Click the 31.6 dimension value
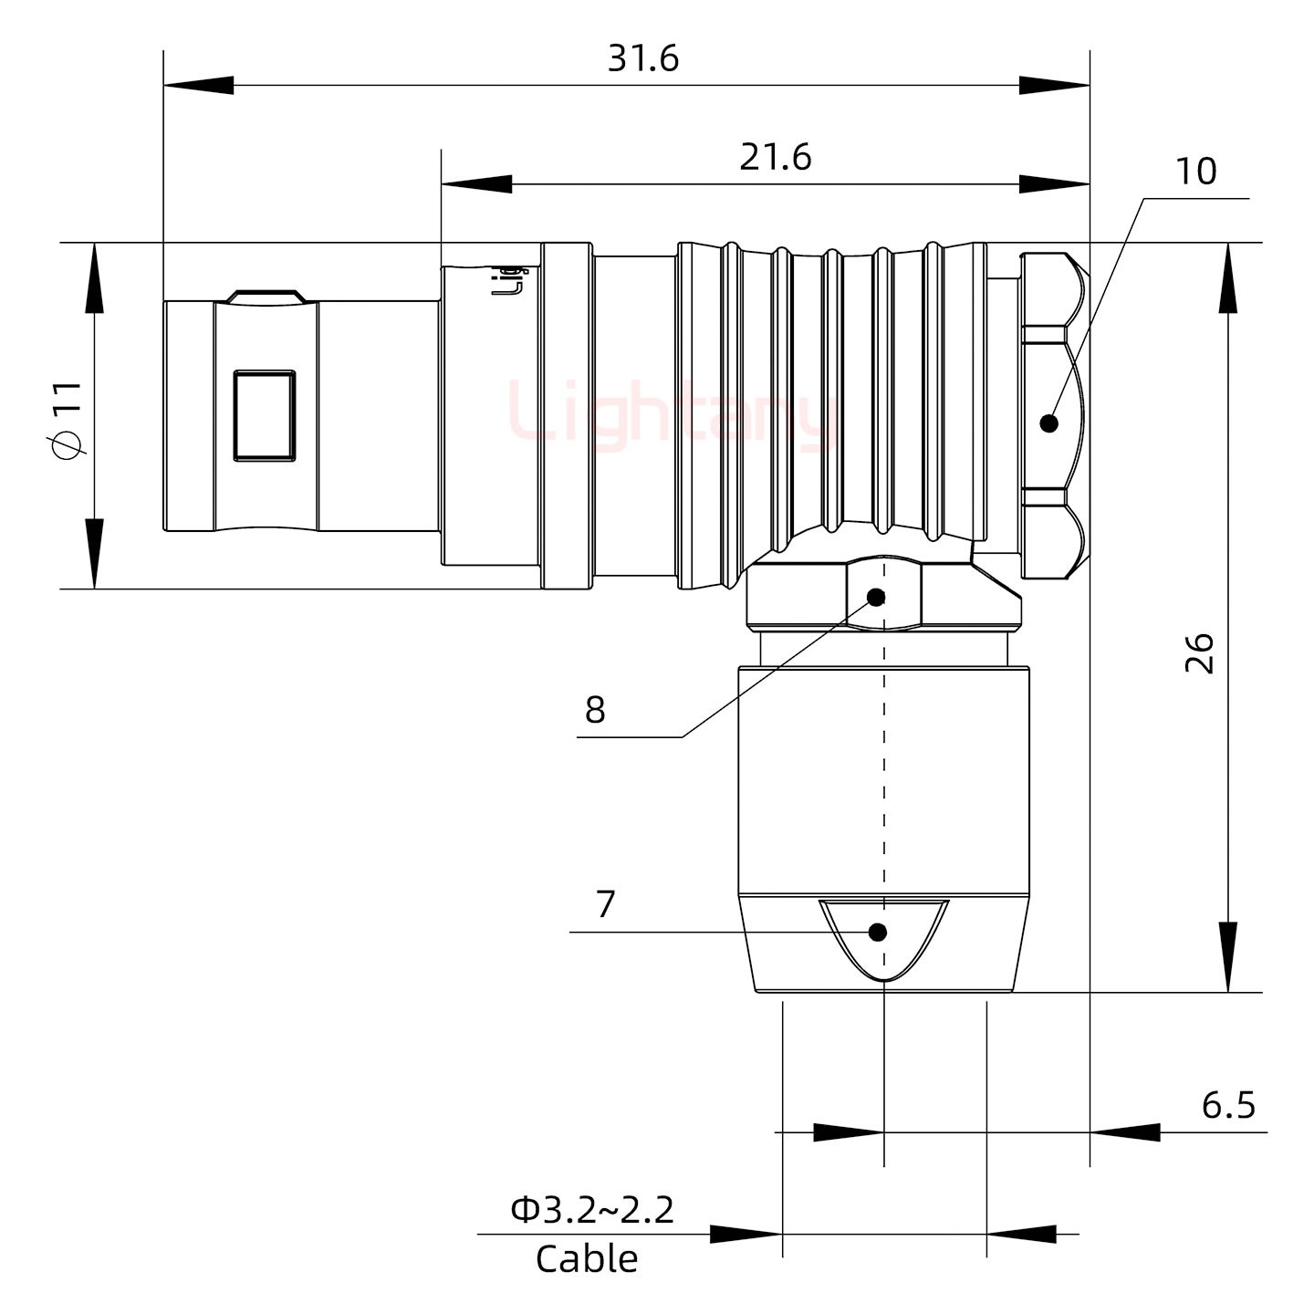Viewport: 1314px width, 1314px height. point(643,59)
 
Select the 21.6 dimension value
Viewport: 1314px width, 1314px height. point(775,158)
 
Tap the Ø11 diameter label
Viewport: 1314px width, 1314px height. point(68,420)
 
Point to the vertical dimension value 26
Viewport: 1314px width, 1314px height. point(1200,652)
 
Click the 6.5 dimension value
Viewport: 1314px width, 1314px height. point(1228,1105)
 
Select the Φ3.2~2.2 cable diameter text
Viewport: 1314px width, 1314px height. point(592,1210)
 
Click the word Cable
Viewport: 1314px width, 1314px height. point(587,1259)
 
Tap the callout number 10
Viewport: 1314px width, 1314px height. point(1195,172)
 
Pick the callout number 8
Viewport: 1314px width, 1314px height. point(595,709)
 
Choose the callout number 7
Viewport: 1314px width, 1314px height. point(606,904)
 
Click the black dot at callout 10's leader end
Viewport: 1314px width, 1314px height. point(1048,423)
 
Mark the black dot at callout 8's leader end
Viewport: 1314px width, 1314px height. point(876,598)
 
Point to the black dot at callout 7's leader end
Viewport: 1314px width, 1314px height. point(878,933)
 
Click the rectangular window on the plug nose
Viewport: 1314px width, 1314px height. point(265,415)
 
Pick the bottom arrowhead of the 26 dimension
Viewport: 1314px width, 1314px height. point(1228,957)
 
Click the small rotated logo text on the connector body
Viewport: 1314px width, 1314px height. point(509,281)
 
